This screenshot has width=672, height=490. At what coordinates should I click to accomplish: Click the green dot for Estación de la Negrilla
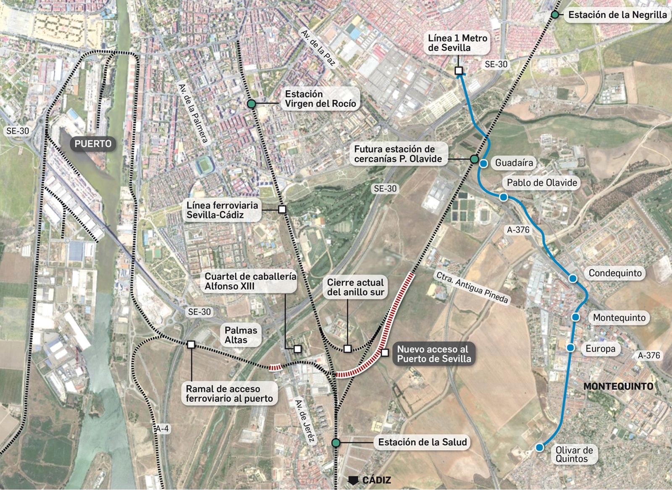click(555, 15)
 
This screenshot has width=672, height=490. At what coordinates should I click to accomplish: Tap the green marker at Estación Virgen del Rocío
click(251, 104)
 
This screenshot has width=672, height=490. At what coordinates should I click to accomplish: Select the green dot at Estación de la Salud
click(336, 443)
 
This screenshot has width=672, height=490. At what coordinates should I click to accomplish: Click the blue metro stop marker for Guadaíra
click(484, 164)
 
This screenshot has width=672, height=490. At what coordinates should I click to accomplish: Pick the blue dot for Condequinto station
click(573, 278)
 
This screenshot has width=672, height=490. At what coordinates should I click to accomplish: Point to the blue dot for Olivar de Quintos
click(539, 448)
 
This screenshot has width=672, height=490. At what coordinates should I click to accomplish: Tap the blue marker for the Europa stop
click(570, 348)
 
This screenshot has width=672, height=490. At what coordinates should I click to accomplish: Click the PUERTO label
click(93, 144)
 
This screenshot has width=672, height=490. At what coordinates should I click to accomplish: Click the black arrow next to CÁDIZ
click(354, 480)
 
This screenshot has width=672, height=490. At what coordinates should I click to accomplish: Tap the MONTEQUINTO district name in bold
click(618, 386)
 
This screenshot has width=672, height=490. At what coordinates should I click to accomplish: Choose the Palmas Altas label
click(241, 335)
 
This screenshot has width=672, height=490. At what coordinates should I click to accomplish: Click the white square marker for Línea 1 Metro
click(459, 71)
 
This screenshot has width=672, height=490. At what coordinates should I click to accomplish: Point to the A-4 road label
click(162, 429)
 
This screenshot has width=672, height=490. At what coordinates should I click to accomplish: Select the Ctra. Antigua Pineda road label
click(472, 287)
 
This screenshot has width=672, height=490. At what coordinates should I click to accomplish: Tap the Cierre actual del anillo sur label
click(355, 287)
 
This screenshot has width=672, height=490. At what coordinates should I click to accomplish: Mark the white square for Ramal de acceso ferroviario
click(191, 345)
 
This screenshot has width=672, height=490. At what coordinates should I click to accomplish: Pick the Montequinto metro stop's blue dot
click(575, 317)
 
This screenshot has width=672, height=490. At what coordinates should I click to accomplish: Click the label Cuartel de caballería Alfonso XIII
click(250, 281)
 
